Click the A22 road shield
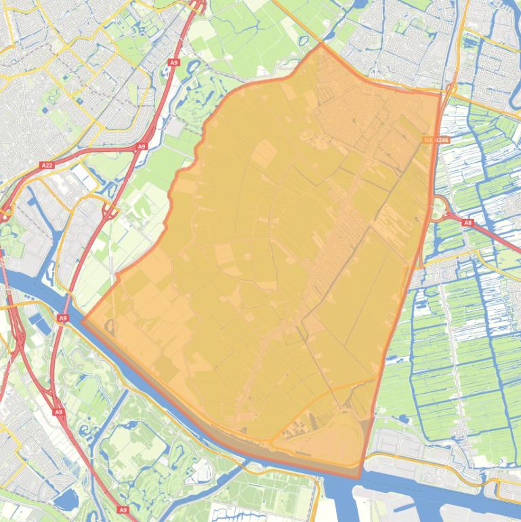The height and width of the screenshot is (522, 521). click(x=47, y=165)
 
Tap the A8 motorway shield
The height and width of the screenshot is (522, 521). click(x=468, y=222)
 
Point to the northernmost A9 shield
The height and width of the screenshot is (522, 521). click(x=174, y=62)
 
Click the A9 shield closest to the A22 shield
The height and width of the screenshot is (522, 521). click(x=142, y=146)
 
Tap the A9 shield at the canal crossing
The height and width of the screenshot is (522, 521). click(x=63, y=318)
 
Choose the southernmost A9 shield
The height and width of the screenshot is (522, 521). click(x=123, y=510)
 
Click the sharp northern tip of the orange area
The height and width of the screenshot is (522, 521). click(x=320, y=45)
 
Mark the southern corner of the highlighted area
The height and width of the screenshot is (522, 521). click(x=359, y=477)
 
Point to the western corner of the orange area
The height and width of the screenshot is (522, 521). click(x=83, y=318)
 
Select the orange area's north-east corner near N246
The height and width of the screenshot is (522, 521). click(x=440, y=94)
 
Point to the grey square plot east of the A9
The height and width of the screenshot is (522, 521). click(x=174, y=127)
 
